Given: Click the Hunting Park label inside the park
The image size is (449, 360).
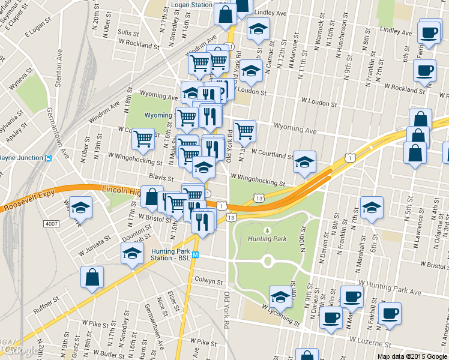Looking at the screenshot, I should pyautogui.click(x=268, y=238).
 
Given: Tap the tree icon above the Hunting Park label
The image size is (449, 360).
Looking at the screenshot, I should pyautogui.click(x=267, y=229).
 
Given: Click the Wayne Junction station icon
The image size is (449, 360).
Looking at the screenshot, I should pyautogui.click(x=49, y=158).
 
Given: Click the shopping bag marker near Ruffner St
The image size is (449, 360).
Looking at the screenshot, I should pyautogui.click(x=92, y=278).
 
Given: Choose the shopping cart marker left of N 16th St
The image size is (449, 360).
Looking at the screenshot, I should pyautogui.click(x=143, y=139).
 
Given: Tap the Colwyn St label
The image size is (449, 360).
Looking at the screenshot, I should pyautogui.click(x=209, y=280).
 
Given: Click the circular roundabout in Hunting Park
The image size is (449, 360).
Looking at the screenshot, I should pyautogui.click(x=268, y=261).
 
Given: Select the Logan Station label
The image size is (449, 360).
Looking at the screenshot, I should pyautogui.click(x=192, y=5).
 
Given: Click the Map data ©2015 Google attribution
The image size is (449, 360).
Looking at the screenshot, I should pyautogui.click(x=412, y=356).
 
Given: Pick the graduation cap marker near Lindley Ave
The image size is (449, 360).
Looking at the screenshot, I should pyautogui.click(x=258, y=29).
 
